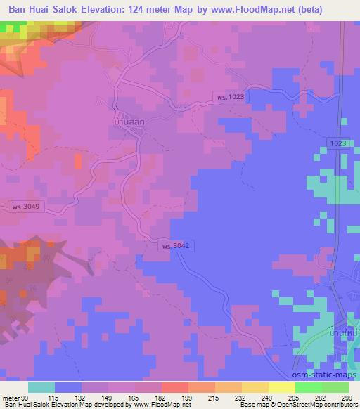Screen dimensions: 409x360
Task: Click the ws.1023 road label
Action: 231,97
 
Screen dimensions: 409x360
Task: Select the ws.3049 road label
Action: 27,207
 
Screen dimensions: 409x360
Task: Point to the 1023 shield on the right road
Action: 337,143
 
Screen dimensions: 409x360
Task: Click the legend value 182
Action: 159,397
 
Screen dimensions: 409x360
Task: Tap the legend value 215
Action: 212,397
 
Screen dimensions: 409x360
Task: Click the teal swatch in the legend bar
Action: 41,387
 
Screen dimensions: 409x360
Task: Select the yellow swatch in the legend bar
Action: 282,387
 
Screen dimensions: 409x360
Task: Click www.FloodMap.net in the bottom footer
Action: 153,405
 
